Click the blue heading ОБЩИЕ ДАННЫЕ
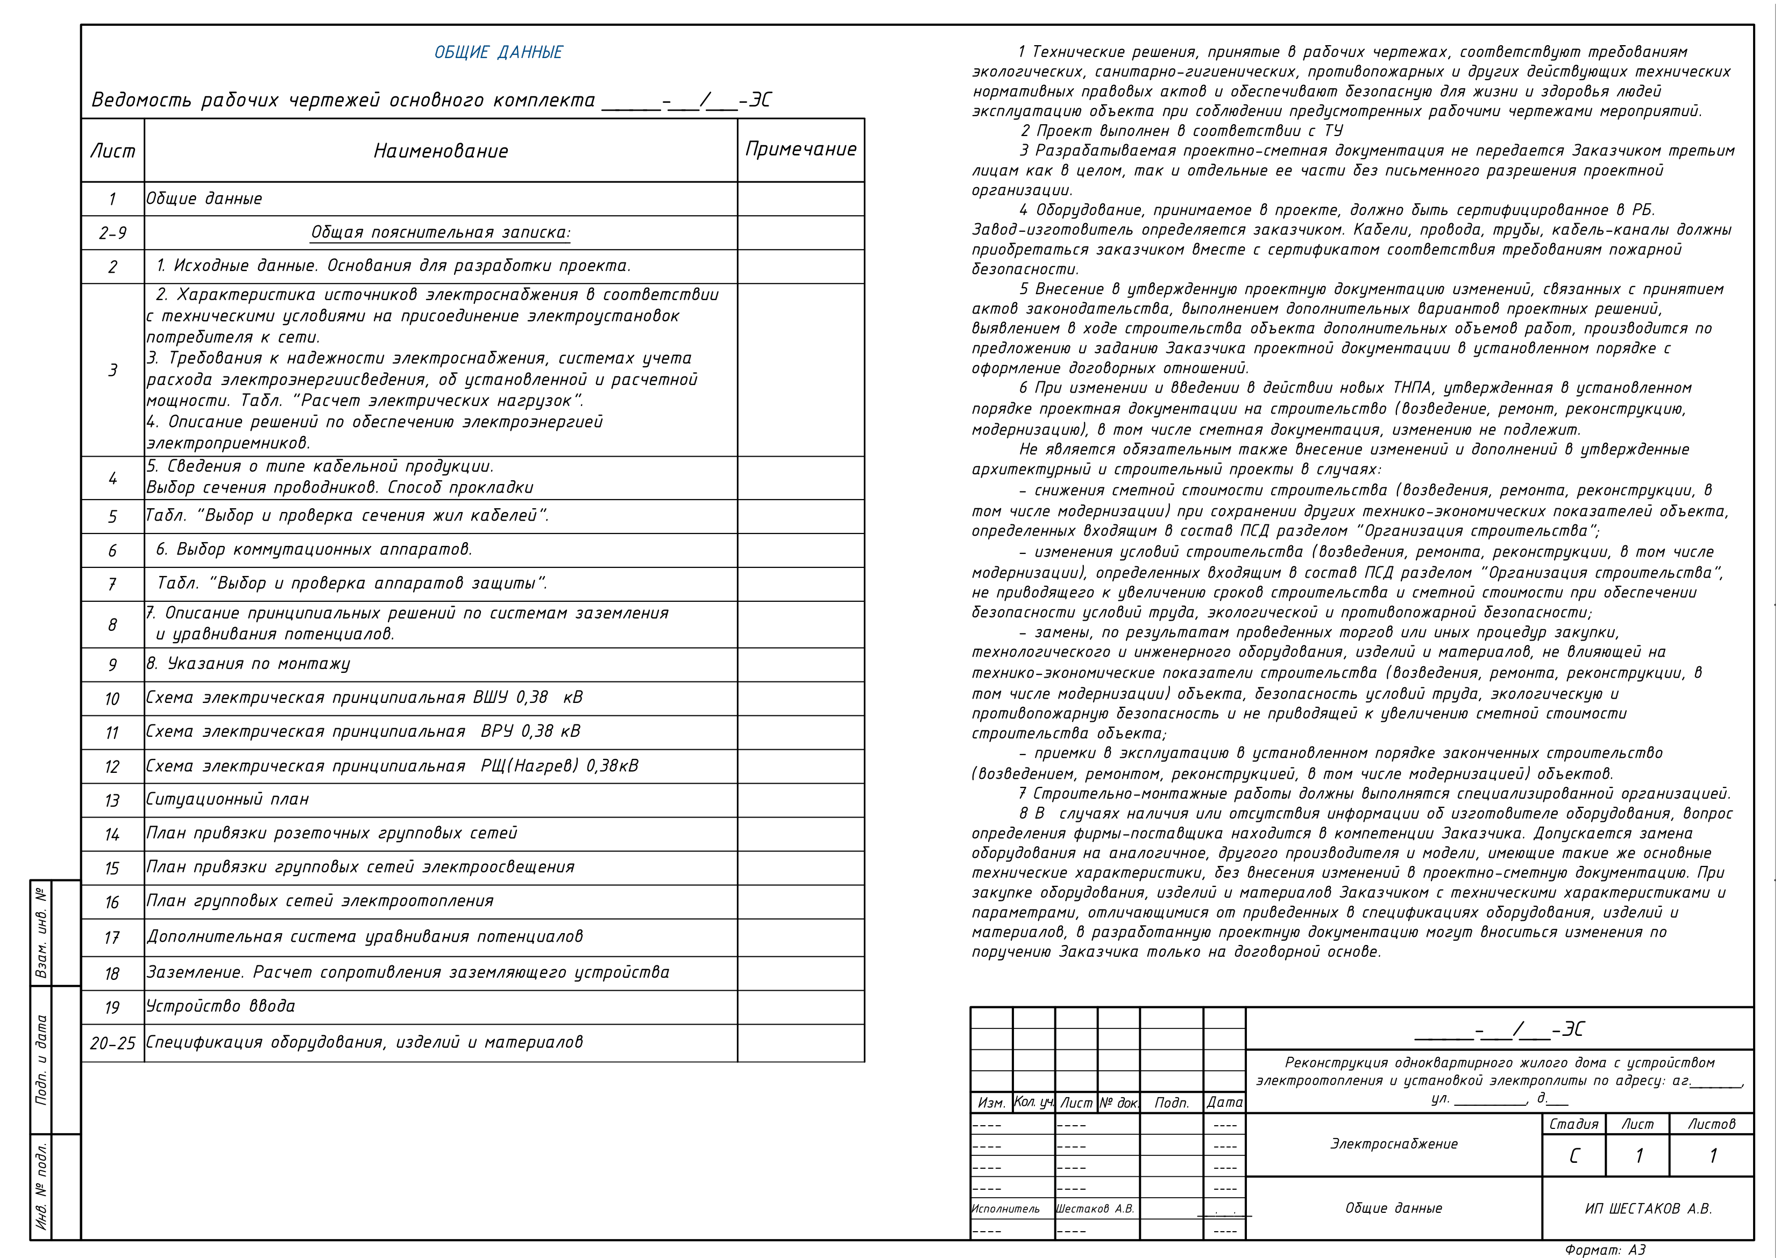499,53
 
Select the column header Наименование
441,151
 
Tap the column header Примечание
801,150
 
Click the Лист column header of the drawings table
112,151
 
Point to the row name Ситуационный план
227,799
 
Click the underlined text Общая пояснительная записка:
441,232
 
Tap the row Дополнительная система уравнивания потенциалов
364,936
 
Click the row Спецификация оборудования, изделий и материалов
364,1042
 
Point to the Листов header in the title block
1711,1124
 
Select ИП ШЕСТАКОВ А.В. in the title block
1648,1209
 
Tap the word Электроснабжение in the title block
1393,1144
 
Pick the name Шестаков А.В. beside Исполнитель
1095,1209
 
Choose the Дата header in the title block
1224,1102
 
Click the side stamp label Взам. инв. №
41,933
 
